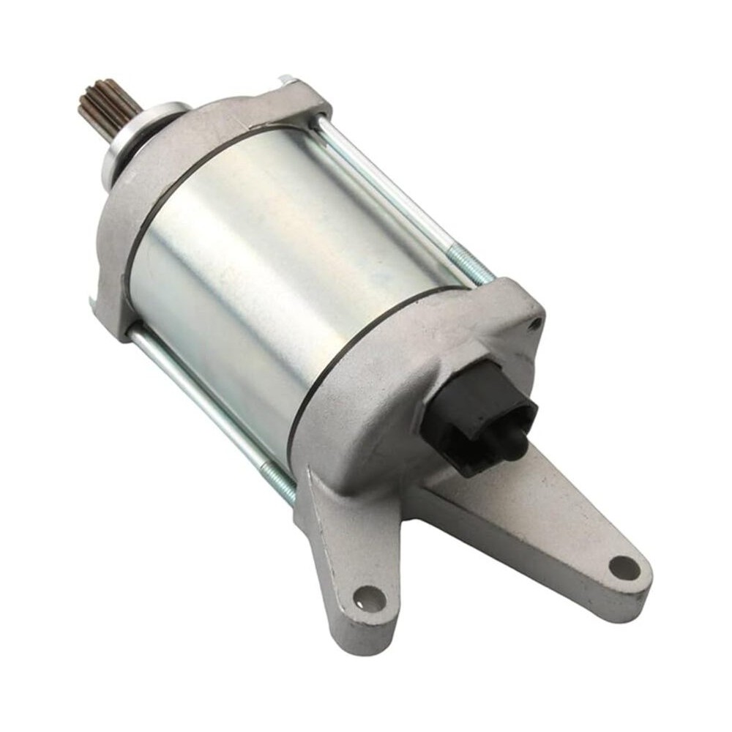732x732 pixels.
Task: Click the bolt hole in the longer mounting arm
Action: (624, 566)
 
